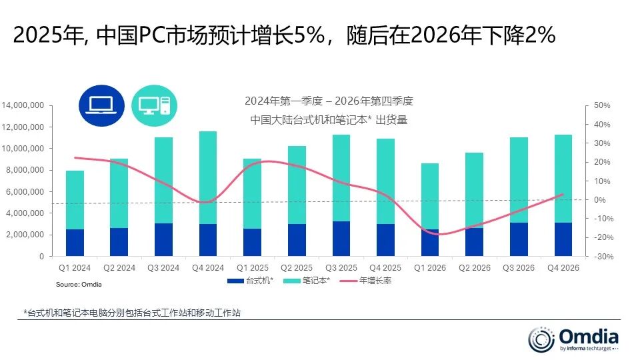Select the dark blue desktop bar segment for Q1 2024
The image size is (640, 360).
(x=75, y=243)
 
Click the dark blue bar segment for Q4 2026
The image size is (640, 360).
(x=564, y=239)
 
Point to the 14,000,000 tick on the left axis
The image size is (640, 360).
(x=23, y=105)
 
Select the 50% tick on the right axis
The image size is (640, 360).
(x=601, y=105)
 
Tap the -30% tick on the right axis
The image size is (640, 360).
(x=601, y=257)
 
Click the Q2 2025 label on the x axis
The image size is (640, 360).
(x=297, y=268)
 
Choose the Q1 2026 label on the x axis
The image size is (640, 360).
(x=430, y=268)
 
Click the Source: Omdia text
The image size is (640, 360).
(x=78, y=284)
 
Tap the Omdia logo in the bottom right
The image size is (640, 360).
(x=573, y=338)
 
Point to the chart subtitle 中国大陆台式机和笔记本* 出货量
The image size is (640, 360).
(x=329, y=121)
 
